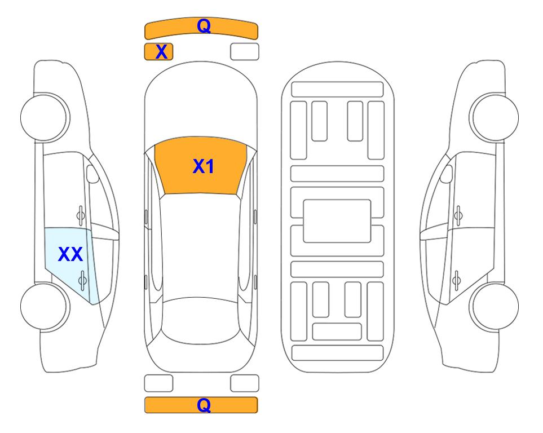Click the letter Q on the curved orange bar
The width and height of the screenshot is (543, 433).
(x=204, y=25)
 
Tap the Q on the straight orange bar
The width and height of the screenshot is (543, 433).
(x=204, y=405)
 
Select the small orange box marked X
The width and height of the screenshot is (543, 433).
(x=158, y=52)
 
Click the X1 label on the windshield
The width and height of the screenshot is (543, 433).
(x=204, y=166)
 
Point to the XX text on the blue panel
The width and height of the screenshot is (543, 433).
(x=70, y=254)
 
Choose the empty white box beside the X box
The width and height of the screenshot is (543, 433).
(x=245, y=52)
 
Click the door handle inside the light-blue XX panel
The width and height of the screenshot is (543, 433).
(x=82, y=280)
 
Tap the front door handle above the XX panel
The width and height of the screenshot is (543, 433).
(x=81, y=215)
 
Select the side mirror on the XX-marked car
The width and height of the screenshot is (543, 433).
(x=92, y=174)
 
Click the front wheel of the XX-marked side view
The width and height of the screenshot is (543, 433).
(x=44, y=118)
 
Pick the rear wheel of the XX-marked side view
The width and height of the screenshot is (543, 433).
(x=44, y=307)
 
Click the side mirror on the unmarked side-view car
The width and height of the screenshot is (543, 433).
(x=447, y=174)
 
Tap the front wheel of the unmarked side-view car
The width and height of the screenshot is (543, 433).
(x=495, y=118)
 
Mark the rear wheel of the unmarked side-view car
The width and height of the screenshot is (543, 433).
(x=495, y=307)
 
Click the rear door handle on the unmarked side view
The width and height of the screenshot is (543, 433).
(x=457, y=280)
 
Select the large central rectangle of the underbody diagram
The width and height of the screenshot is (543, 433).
(x=337, y=221)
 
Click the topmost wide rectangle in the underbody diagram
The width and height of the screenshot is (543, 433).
(x=337, y=90)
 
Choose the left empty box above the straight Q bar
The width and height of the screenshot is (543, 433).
(x=158, y=383)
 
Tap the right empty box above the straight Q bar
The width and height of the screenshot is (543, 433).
(x=245, y=383)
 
